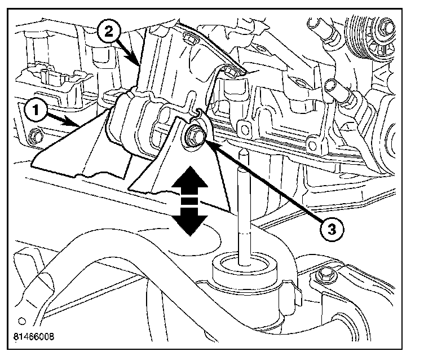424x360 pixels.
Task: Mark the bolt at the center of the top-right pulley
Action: (x=385, y=26)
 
